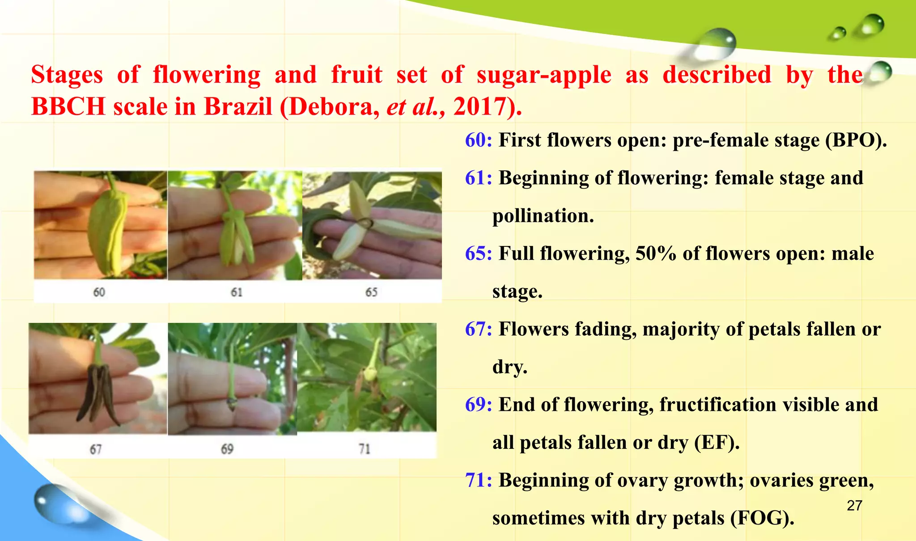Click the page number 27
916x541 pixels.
854,506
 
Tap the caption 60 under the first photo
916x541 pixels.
99,292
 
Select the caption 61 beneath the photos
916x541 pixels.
237,292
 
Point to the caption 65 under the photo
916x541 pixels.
371,292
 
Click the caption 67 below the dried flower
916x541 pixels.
96,449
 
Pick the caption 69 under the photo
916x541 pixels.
227,449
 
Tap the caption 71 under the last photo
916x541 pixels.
365,449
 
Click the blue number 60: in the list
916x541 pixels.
478,140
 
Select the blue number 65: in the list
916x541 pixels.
478,254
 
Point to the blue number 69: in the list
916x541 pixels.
478,405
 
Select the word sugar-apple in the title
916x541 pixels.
543,75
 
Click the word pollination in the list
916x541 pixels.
543,216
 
